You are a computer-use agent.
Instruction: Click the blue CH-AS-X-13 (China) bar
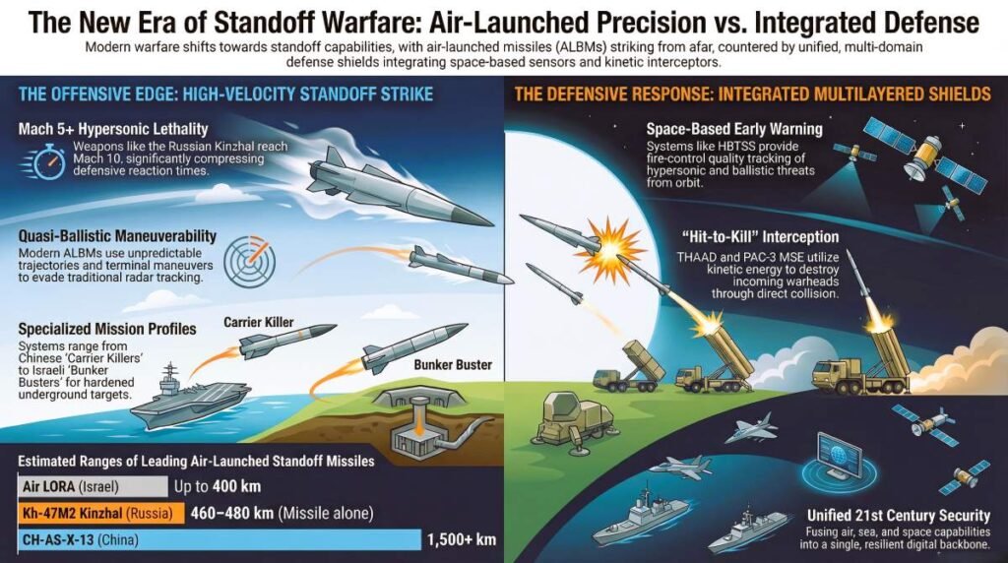(217, 538)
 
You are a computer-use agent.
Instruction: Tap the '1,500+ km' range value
(461, 539)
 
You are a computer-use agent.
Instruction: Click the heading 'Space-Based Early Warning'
(734, 129)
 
